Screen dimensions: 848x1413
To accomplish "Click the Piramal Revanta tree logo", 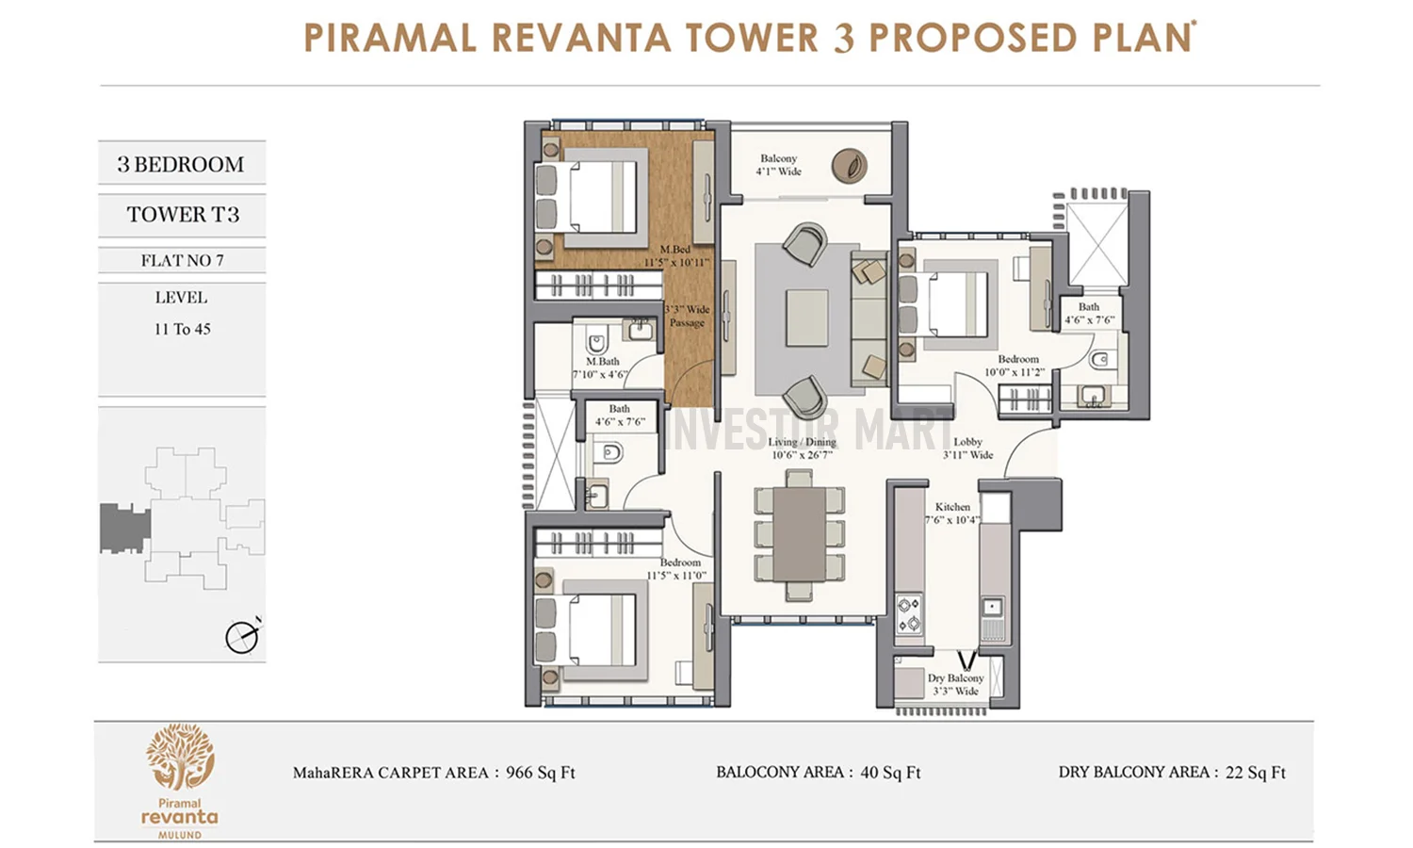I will (x=179, y=758).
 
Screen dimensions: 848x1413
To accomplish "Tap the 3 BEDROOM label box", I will (x=181, y=164).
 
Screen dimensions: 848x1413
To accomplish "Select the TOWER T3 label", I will (x=183, y=215).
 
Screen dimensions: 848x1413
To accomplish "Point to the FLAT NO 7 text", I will (x=183, y=261).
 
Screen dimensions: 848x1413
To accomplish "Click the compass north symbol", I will (x=242, y=637).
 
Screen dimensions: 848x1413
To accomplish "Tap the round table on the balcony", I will (x=849, y=166).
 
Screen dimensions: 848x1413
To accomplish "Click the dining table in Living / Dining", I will (x=799, y=534).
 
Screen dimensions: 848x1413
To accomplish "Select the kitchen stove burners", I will (x=908, y=613).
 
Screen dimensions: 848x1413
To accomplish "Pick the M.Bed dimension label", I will (x=675, y=256).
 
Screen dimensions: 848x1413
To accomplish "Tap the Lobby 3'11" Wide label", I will (x=967, y=448).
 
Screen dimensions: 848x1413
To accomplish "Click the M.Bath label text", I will (x=602, y=362).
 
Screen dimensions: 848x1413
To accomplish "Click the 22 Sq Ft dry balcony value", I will (x=1255, y=774).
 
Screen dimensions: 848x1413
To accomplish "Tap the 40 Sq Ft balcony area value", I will (x=890, y=774).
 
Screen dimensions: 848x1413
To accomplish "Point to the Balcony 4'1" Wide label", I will (x=778, y=165).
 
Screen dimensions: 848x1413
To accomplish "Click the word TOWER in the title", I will (x=751, y=39).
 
